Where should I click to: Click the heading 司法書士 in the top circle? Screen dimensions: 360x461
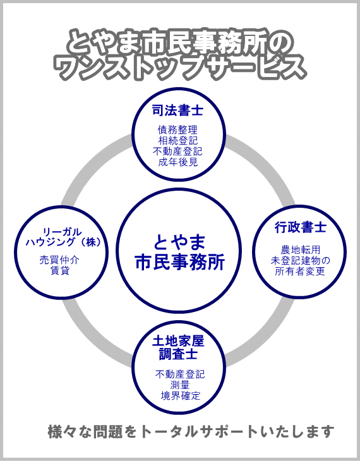coord(177,111)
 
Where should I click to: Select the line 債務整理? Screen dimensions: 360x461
coord(177,129)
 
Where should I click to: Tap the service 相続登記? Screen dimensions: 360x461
coord(177,140)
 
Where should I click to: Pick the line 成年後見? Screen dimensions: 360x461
coord(177,162)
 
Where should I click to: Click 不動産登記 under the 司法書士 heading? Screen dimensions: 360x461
coord(177,151)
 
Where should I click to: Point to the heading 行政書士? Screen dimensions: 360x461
coord(301,227)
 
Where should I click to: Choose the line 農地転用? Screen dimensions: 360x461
coord(300,250)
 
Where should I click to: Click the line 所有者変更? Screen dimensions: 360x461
coord(300,271)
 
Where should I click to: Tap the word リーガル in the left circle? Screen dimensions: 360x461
coord(62,232)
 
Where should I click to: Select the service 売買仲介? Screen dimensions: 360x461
coord(59,260)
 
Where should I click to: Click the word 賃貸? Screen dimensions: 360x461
coord(60,270)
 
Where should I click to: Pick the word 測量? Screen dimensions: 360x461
coord(180,385)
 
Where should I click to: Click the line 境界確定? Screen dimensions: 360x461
coord(180,396)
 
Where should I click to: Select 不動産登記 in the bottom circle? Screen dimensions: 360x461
coord(180,374)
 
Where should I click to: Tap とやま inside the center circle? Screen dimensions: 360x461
coord(179,242)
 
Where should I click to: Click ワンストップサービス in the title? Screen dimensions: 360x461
coord(179,68)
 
